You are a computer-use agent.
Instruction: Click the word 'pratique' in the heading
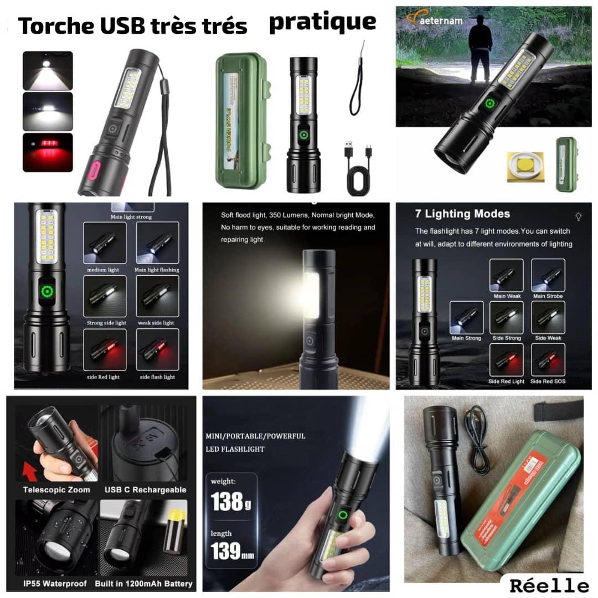click(x=322, y=23)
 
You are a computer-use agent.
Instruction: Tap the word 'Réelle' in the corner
click(x=549, y=585)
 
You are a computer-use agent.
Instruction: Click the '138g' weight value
click(x=228, y=502)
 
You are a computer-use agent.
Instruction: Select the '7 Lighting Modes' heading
click(x=462, y=214)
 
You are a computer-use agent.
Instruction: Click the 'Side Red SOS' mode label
click(x=548, y=382)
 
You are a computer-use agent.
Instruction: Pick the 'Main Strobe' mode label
click(x=548, y=296)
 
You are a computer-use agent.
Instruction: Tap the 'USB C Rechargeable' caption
click(x=145, y=489)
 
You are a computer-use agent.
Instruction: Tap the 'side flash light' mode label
click(x=157, y=377)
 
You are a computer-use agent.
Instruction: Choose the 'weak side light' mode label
click(x=157, y=323)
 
